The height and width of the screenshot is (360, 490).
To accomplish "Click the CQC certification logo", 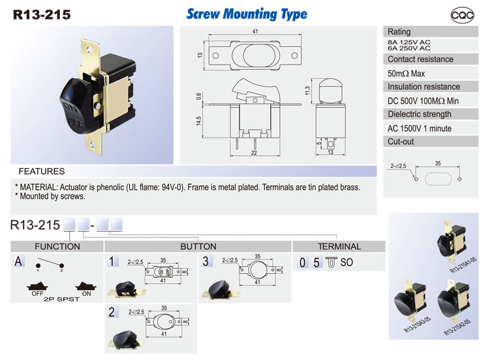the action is coord(462,15).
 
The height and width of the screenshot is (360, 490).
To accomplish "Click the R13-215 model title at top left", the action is coord(42,15).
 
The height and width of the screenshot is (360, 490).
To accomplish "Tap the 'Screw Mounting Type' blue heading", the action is coord(247,14).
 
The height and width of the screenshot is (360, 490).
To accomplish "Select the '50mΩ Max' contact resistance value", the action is coord(406,74).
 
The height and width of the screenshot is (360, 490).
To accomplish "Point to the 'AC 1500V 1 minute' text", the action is coord(420,128).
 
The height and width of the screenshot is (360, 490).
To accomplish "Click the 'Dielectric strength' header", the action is coord(420,114).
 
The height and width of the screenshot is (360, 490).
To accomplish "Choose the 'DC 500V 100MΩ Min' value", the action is coord(423,101).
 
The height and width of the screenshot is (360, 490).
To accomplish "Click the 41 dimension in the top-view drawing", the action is coord(255,31).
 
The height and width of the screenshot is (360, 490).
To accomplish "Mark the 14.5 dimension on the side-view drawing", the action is coord(199,121).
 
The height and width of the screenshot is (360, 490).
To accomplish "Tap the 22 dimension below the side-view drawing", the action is coord(254,153).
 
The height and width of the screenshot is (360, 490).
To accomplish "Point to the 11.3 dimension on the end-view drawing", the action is coord(307,91).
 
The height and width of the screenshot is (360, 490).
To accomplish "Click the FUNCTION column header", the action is coord(57,247).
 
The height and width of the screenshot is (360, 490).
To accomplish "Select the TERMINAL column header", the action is coord(339,247).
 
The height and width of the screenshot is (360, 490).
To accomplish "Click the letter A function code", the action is coord(18,261).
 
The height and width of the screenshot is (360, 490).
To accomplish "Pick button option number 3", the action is coord(206,261).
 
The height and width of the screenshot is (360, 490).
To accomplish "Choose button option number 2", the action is coord(112,312).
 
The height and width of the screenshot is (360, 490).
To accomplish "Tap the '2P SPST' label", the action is coord(61,299).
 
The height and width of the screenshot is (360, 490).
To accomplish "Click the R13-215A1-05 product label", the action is coord(463,265).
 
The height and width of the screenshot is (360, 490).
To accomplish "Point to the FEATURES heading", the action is coord(42,172).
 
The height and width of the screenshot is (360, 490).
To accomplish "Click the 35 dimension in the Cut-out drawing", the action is coord(438,163).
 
